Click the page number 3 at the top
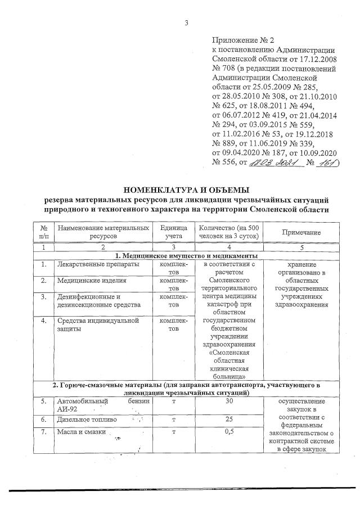point(186,22)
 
